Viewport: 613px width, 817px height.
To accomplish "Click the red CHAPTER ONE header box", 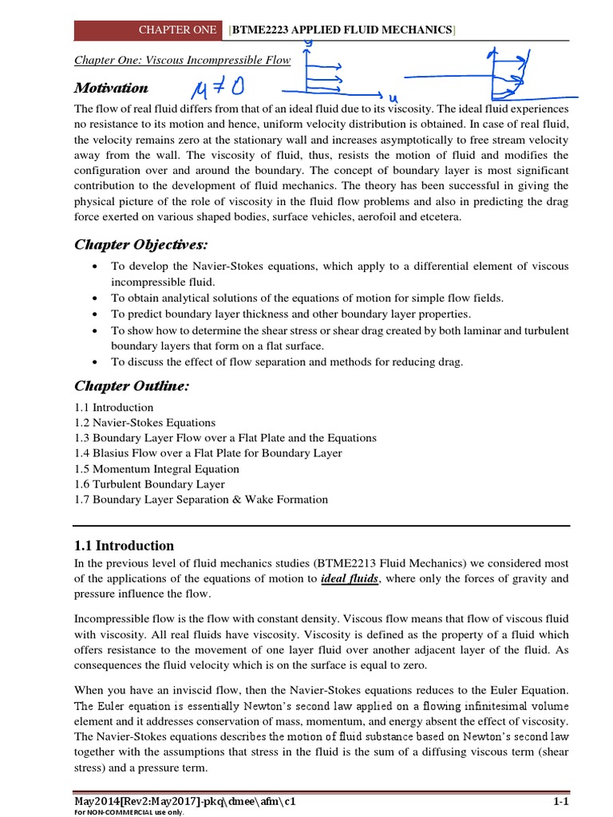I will pyautogui.click(x=147, y=30).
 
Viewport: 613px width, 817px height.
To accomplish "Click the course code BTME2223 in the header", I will pyautogui.click(x=258, y=30).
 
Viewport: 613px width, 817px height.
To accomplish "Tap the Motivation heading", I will pyautogui.click(x=111, y=88).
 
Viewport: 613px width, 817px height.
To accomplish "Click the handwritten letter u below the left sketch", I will pyautogui.click(x=393, y=97).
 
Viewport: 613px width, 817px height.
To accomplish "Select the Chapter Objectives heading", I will pyautogui.click(x=142, y=243).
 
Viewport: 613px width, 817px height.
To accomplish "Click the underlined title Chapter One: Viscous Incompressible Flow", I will pyautogui.click(x=182, y=60).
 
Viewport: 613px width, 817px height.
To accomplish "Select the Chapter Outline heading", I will pyautogui.click(x=132, y=386).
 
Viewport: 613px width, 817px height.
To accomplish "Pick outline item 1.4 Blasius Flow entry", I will pyautogui.click(x=208, y=453).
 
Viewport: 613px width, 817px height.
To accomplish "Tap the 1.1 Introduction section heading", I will pyautogui.click(x=124, y=546).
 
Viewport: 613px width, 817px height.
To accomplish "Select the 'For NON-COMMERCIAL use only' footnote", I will pyautogui.click(x=118, y=812).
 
